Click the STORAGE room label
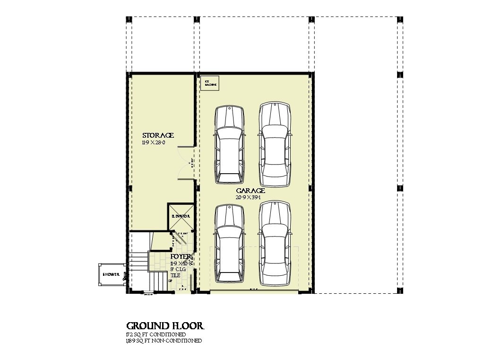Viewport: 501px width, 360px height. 158,135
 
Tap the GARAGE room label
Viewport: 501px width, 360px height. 250,190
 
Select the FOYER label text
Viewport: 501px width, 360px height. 181,256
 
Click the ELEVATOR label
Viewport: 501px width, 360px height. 181,216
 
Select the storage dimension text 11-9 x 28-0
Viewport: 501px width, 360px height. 153,142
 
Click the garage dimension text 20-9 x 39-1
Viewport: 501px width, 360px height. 250,197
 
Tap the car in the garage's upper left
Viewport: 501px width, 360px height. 230,145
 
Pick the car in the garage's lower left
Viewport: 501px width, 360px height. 230,242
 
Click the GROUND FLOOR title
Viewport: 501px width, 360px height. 165,326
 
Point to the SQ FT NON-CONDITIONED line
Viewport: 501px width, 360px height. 164,341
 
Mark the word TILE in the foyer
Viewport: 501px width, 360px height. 175,275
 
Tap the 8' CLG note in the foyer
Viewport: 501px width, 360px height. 180,269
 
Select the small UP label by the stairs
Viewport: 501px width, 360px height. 170,281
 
